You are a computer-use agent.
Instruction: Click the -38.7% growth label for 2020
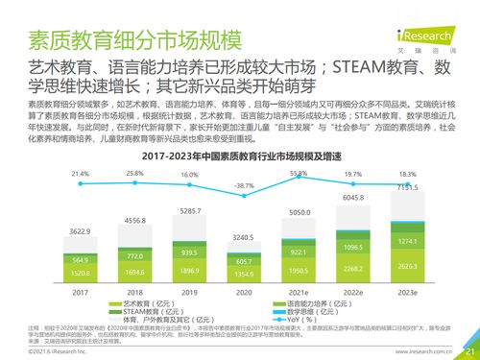click(244, 185)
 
